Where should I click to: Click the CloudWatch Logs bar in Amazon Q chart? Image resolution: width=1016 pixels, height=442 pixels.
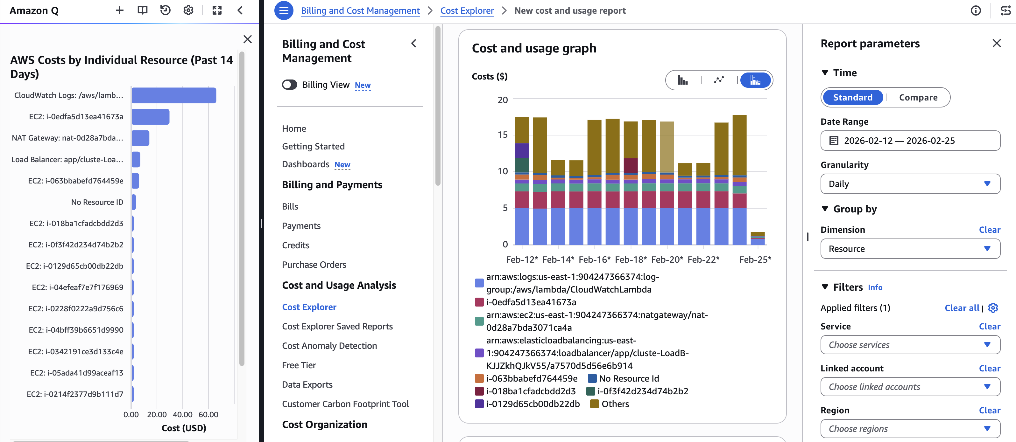click(x=173, y=95)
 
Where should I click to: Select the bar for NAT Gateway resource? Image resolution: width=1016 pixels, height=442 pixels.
click(x=140, y=138)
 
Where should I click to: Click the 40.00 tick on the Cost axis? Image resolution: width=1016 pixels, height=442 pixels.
click(x=183, y=414)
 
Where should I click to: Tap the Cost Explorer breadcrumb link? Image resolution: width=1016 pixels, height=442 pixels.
click(x=467, y=10)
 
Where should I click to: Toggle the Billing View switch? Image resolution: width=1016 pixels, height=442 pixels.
click(x=290, y=85)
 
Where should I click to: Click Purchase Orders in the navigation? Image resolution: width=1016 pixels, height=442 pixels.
click(x=314, y=265)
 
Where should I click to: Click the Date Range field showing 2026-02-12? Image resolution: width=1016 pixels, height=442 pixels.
click(x=910, y=141)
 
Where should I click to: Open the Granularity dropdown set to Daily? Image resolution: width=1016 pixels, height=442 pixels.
click(x=910, y=184)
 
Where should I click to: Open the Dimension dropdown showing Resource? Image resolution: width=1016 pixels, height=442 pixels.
click(x=910, y=249)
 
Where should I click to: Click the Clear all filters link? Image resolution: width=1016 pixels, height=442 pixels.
click(x=962, y=308)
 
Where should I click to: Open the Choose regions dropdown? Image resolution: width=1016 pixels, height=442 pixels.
click(x=910, y=429)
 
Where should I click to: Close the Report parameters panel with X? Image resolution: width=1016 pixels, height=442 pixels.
click(x=996, y=43)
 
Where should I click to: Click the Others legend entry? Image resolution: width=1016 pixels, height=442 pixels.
click(x=615, y=404)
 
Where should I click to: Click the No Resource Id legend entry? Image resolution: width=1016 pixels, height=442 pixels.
click(x=628, y=379)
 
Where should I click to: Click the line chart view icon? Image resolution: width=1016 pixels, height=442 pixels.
click(x=719, y=80)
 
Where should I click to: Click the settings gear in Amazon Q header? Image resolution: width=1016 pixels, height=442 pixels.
click(x=188, y=10)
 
